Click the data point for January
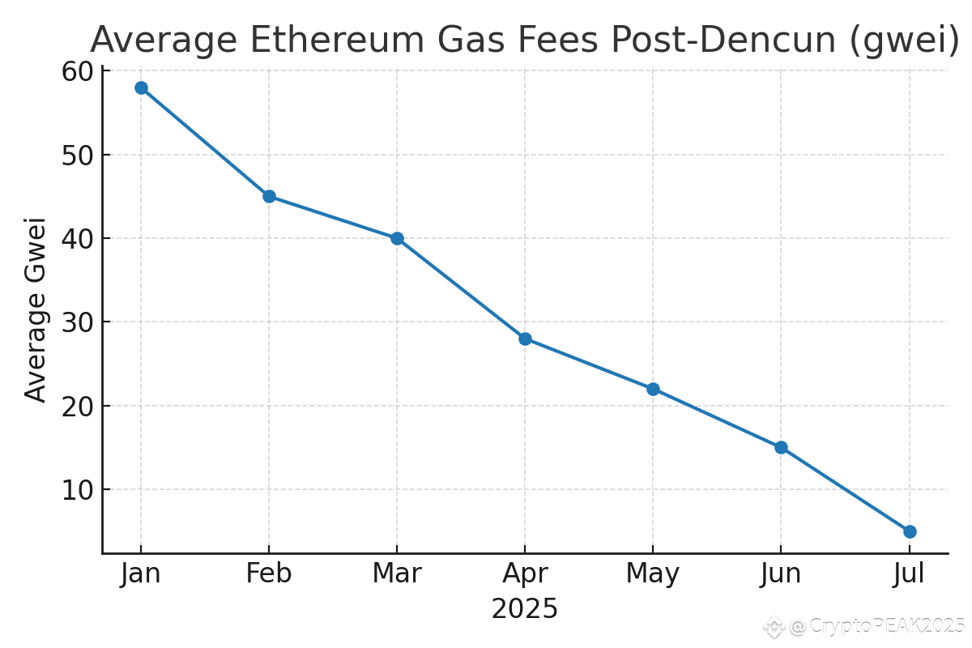tap(141, 87)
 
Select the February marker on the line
tap(269, 196)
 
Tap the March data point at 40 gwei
tap(397, 238)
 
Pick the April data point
tap(525, 339)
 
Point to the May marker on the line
tap(653, 389)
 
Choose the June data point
tap(781, 447)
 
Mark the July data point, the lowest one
tap(910, 531)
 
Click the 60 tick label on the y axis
tap(78, 72)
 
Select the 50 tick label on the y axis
tap(78, 155)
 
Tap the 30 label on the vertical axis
tap(78, 322)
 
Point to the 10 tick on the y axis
tap(78, 490)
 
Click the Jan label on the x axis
tap(141, 573)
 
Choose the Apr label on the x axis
tap(525, 573)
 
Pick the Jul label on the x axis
tap(910, 573)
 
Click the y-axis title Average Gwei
tap(36, 309)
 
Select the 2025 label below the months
tap(525, 609)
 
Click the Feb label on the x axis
tap(269, 573)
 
